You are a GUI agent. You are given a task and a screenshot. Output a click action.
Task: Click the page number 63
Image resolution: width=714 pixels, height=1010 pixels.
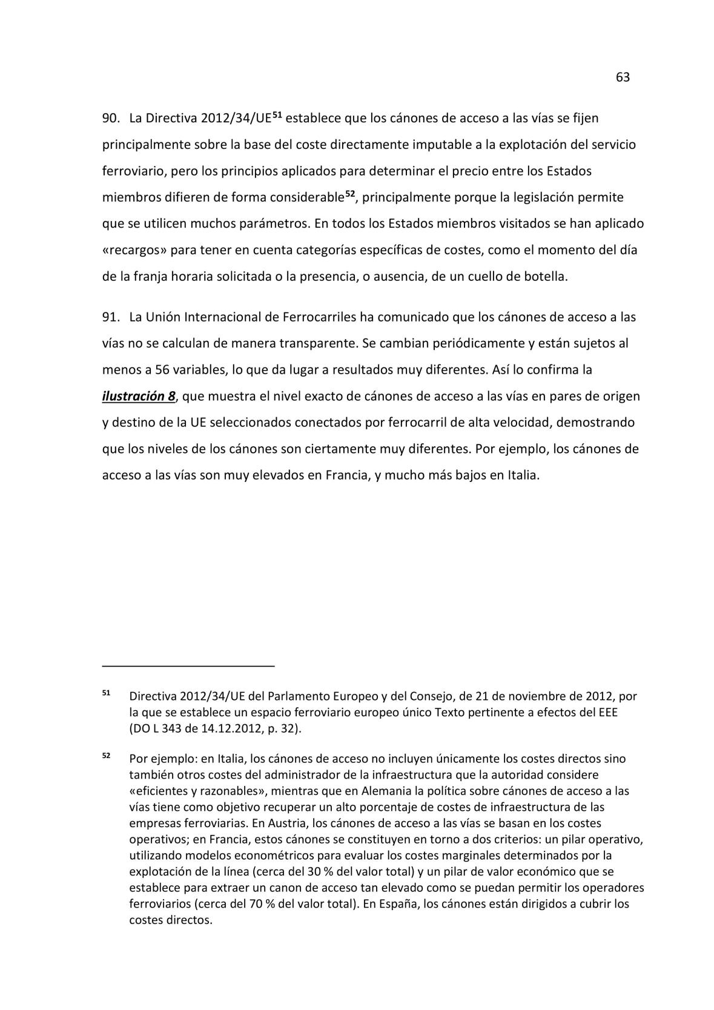(623, 78)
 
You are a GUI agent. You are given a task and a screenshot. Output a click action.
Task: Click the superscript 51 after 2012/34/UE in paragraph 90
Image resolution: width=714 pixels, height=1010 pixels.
(277, 114)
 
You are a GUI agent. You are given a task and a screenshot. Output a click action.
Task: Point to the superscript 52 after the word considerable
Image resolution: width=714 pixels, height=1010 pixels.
(349, 194)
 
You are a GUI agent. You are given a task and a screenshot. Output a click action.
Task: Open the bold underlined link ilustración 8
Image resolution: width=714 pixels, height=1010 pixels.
(139, 397)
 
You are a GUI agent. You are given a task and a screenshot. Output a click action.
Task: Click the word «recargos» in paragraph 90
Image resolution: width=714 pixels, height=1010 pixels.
(134, 250)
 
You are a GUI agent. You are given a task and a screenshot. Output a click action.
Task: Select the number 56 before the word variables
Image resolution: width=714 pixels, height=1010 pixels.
(162, 369)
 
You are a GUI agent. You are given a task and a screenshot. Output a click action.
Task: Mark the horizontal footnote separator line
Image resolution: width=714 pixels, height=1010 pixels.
(188, 666)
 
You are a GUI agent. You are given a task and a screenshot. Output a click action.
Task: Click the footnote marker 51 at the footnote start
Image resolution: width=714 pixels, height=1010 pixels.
(106, 693)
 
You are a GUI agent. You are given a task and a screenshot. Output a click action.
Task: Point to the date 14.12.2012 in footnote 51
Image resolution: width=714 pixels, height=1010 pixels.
(230, 728)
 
